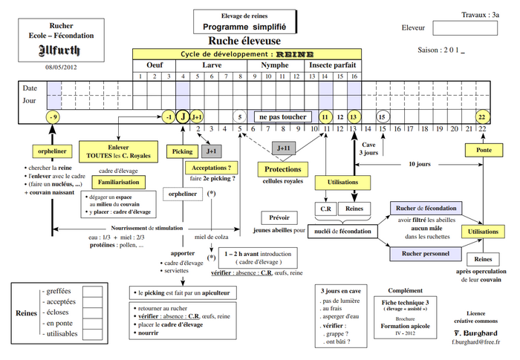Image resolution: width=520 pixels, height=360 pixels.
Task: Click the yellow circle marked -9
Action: pyautogui.click(x=52, y=117)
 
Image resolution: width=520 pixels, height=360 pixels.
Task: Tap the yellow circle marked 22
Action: pyautogui.click(x=482, y=117)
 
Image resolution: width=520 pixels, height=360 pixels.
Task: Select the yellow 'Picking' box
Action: pyautogui.click(x=182, y=151)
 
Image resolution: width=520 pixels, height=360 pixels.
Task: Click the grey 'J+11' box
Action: pyautogui.click(x=283, y=148)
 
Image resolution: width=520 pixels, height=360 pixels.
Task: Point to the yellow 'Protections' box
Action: pyautogui.click(x=283, y=170)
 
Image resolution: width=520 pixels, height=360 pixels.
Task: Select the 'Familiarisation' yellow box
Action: pyautogui.click(x=117, y=182)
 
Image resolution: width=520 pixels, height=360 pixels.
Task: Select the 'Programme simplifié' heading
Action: pyautogui.click(x=244, y=27)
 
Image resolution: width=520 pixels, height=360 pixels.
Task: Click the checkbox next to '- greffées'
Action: pyautogui.click(x=92, y=292)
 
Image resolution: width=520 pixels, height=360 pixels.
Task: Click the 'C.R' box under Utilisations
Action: pyautogui.click(x=325, y=209)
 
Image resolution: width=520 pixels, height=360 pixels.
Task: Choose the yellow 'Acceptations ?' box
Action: pyautogui.click(x=211, y=168)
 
